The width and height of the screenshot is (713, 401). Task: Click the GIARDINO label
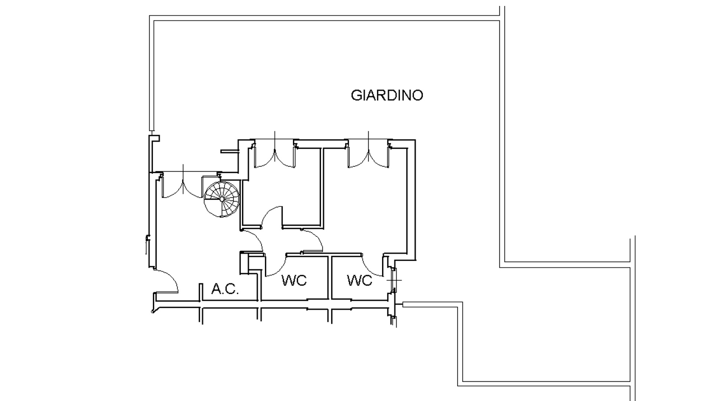[x=387, y=95]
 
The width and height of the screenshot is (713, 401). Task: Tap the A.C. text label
[x=225, y=289]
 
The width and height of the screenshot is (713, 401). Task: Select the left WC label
[x=294, y=280]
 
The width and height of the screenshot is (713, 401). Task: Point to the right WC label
[x=359, y=280]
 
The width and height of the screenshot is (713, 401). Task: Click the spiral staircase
[x=222, y=199]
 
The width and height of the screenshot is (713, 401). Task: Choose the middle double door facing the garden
[x=274, y=154]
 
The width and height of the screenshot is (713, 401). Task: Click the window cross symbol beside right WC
[x=394, y=280]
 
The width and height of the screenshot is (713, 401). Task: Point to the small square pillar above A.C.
[x=244, y=263]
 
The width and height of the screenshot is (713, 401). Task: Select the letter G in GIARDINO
[x=356, y=95]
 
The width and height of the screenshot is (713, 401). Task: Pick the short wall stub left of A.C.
[x=201, y=292]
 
